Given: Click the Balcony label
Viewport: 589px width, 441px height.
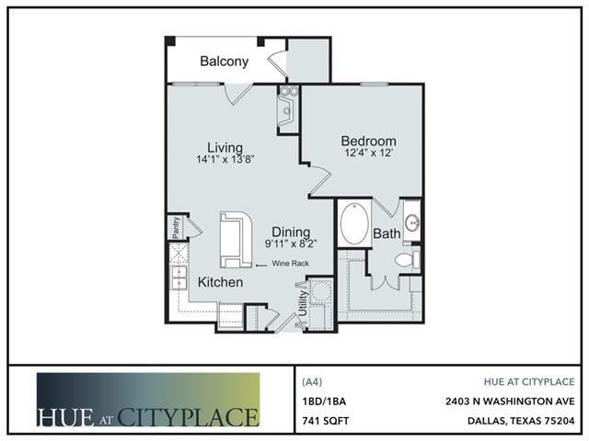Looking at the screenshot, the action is pos(225,62).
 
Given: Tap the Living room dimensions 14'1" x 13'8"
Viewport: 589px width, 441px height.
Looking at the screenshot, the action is pos(225,159).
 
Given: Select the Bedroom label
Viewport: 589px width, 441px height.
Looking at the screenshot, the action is pos(368,141).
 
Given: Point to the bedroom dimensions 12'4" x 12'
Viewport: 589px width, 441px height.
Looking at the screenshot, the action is pos(369,153).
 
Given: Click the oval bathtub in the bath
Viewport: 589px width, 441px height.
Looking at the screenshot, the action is pos(354,224).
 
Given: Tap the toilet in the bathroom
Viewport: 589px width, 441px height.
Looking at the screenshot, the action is pos(407,259).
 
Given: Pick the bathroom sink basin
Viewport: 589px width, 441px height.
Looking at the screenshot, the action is pos(413,223).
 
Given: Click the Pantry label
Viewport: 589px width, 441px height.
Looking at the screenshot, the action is pos(176,227).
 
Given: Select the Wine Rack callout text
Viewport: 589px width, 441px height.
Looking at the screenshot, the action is pos(291,264).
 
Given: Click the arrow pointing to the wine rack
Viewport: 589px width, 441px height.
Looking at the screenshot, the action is pos(261,266).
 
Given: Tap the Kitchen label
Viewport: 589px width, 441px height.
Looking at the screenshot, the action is pos(220,282).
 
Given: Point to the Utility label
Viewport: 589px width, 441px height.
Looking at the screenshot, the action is pos(303,303).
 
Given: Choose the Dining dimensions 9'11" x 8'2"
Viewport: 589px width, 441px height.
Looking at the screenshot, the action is pos(291,243).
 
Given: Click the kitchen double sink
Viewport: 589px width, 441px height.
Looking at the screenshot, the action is pos(179,277).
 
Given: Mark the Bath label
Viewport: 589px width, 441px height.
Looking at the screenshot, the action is pos(387,233).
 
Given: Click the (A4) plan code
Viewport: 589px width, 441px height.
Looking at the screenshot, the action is pos(312,382).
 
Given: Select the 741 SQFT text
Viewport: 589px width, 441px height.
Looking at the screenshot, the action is pos(325,421).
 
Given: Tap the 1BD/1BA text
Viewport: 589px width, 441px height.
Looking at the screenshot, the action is pos(324,401).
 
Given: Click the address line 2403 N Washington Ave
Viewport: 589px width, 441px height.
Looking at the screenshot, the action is pos(510,401).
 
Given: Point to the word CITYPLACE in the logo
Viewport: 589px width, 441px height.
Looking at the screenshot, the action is pos(188,416).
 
